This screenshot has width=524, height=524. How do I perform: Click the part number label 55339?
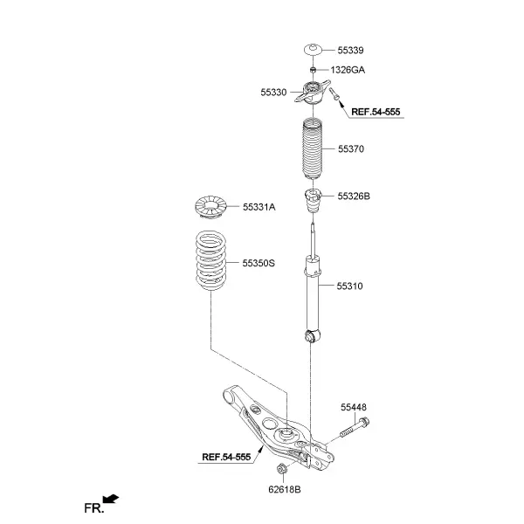[350, 50]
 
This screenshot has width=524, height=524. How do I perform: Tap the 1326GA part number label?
[348, 70]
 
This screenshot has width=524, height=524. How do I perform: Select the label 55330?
[273, 93]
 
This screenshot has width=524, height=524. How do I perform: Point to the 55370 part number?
[351, 149]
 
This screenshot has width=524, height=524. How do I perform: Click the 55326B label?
[354, 196]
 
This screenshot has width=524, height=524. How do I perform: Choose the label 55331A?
[259, 207]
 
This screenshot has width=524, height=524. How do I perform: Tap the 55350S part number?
[259, 264]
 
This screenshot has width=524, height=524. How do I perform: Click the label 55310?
[349, 286]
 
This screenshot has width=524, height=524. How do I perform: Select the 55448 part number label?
[354, 407]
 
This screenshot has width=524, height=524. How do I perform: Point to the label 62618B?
[285, 490]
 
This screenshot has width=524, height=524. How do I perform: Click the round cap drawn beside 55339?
[313, 50]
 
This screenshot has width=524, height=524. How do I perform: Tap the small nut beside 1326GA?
[313, 70]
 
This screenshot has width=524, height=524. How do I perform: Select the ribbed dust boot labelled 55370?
[313, 148]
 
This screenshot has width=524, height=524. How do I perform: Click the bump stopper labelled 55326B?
[313, 201]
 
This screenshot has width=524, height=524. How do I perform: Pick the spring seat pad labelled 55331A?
[210, 207]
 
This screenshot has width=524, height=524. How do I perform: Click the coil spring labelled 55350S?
[210, 260]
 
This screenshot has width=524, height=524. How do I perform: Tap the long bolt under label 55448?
[355, 428]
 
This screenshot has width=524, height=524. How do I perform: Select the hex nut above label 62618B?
[281, 469]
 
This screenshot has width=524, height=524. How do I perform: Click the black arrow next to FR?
[111, 499]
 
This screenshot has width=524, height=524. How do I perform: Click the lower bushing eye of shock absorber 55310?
[312, 336]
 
